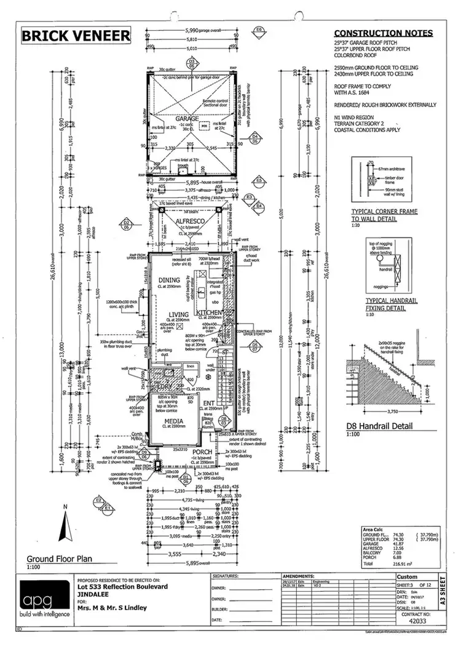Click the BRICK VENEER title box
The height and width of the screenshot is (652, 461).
(76, 36)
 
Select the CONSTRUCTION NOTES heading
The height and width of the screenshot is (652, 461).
(383, 33)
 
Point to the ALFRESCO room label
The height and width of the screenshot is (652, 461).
(186, 225)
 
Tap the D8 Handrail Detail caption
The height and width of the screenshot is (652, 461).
(387, 425)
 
